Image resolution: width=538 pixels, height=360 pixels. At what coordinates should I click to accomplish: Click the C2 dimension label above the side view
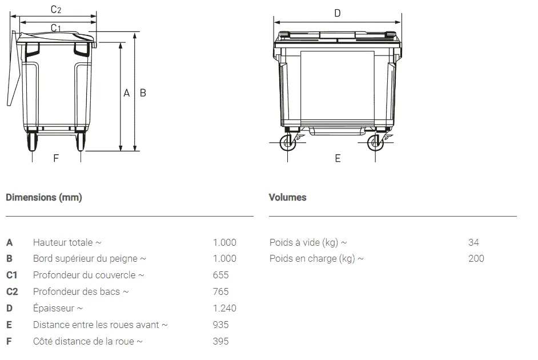tap(56, 9)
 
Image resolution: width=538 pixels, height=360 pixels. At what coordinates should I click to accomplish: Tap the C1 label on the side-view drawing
tap(56, 28)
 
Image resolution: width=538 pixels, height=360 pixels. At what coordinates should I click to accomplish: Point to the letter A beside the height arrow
tap(127, 93)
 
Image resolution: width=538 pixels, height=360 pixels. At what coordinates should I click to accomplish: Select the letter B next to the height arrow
tap(143, 93)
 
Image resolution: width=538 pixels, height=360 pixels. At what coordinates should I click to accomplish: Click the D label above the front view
tap(337, 13)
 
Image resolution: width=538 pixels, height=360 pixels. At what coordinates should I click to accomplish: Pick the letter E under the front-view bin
tap(338, 158)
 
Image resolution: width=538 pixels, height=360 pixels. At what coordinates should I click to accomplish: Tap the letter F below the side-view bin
tap(56, 158)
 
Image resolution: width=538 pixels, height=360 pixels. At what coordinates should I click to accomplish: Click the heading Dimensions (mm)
tap(44, 197)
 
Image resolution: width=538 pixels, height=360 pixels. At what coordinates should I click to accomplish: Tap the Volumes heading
tap(287, 197)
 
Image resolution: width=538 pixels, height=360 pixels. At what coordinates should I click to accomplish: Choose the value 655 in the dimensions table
tap(220, 275)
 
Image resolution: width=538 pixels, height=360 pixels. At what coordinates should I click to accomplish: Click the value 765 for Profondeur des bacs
tap(220, 291)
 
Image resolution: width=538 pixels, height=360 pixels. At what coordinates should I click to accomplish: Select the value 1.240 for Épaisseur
tap(224, 308)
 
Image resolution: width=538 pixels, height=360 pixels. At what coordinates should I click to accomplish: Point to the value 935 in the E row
tap(220, 325)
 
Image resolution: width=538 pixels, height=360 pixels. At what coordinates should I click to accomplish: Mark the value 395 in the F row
tap(220, 341)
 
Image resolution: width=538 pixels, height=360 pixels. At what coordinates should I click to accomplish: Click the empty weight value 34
tap(473, 242)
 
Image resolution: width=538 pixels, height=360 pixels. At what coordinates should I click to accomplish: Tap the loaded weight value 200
tap(476, 258)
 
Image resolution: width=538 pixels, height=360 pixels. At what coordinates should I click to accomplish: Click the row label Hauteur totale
tap(67, 242)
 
